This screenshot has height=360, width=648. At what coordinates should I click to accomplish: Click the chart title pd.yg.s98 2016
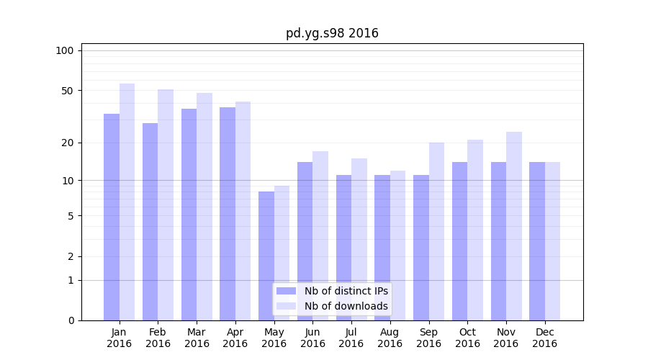[332, 33]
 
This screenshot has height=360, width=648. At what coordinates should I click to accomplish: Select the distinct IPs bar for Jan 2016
[112, 216]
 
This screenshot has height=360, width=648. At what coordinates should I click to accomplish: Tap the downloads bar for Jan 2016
[127, 202]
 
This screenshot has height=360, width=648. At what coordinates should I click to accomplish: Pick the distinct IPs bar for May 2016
[266, 256]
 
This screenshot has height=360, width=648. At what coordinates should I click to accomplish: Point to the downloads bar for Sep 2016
[436, 230]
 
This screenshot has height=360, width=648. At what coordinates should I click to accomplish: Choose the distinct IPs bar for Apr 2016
[228, 213]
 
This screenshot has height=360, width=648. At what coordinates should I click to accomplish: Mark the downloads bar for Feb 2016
[166, 204]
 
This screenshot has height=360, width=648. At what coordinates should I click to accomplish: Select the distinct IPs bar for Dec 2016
[537, 240]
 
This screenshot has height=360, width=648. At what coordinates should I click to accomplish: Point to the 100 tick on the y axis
[65, 50]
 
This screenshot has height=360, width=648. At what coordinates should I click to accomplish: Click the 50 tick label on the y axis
[67, 91]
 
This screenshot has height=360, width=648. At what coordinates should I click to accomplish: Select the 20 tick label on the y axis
[67, 143]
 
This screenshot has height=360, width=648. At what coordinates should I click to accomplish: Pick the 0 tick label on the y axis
[71, 320]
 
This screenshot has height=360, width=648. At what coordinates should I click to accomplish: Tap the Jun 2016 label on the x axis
[312, 338]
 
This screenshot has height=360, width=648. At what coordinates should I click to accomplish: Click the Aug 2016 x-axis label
[390, 338]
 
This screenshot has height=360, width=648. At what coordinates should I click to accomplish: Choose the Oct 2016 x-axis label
[467, 338]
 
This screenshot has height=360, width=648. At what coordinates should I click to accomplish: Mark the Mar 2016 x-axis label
[197, 338]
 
